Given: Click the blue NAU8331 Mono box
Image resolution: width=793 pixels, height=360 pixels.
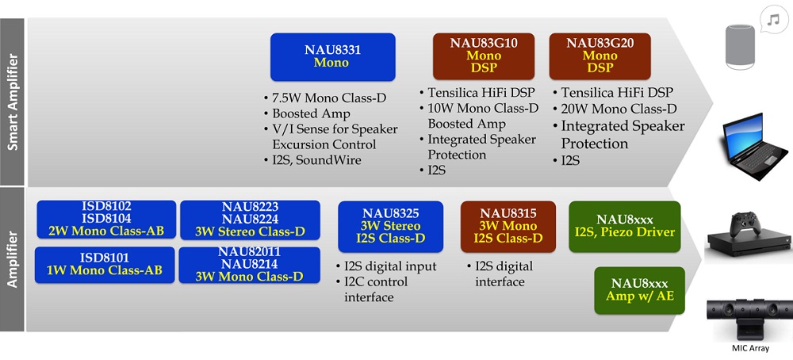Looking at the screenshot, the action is click(333, 57).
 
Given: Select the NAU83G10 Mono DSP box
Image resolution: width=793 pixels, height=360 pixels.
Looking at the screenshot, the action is click(484, 56).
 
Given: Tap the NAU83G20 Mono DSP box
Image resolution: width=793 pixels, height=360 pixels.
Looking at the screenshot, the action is click(600, 56).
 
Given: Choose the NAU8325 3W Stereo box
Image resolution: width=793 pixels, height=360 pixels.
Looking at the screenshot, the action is click(390, 227).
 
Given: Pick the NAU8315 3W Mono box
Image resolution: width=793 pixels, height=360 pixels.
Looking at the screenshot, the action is click(508, 227).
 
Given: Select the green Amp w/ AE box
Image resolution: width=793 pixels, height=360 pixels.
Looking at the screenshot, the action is click(639, 291).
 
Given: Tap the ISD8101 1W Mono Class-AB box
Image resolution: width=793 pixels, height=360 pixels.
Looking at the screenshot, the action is click(105, 264).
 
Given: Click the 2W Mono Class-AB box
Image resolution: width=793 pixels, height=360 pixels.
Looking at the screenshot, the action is click(106, 220).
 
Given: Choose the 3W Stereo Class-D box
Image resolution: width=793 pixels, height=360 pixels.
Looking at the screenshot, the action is click(250, 220).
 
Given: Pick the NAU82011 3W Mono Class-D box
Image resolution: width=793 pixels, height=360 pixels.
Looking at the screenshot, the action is click(249, 264).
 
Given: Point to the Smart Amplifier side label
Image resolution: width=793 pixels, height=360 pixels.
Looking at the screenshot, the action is click(12, 102).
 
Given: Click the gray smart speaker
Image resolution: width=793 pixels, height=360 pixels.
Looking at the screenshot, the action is click(740, 46).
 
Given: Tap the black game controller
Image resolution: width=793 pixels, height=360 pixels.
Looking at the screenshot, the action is click(745, 223).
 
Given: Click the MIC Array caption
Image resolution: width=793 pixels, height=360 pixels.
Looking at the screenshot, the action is click(750, 348).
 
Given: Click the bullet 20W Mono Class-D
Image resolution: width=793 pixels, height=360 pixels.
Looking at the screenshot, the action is click(615, 108).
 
